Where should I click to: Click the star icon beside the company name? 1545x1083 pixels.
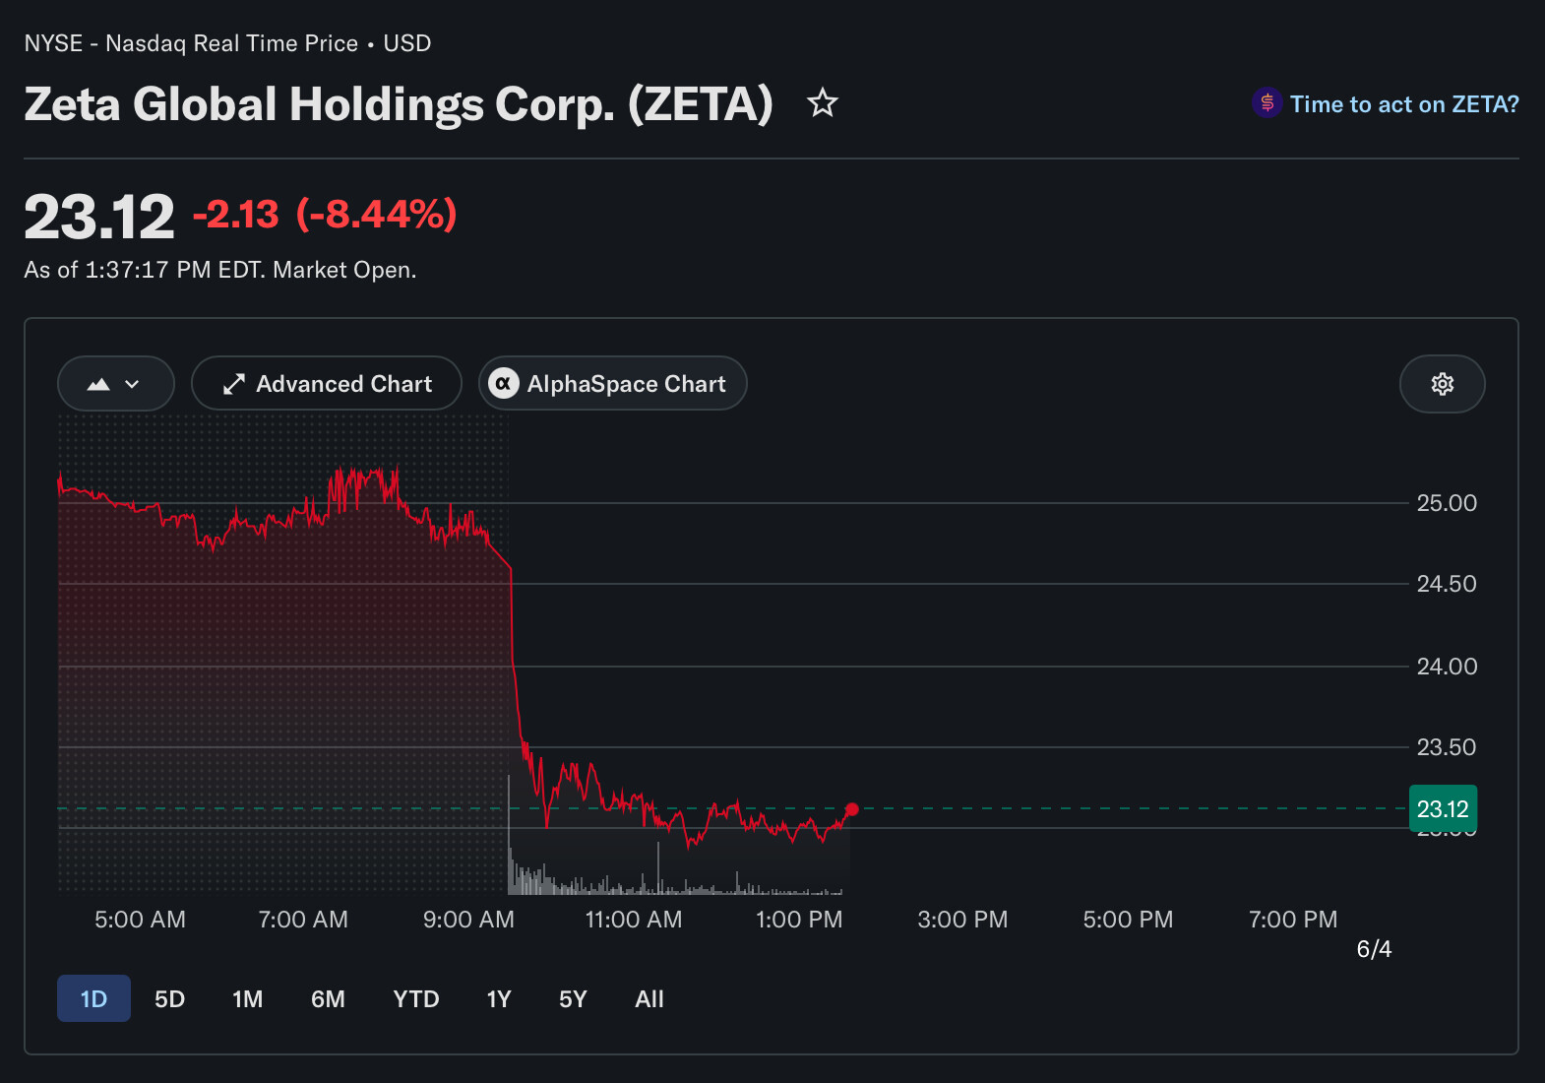click(x=822, y=103)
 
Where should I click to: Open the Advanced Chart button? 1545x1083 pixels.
click(x=327, y=384)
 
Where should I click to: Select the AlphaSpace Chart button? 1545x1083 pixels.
click(x=612, y=384)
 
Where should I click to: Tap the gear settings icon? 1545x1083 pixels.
click(x=1443, y=384)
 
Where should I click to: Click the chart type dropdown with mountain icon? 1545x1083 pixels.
click(x=115, y=384)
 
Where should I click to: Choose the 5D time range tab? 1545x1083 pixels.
click(x=169, y=998)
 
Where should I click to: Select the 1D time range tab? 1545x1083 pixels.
click(x=93, y=998)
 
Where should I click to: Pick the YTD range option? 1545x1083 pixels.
click(x=416, y=998)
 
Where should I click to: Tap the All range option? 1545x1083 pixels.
click(x=649, y=998)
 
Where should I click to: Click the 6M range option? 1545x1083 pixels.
click(x=328, y=998)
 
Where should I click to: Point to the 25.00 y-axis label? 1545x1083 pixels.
click(x=1447, y=503)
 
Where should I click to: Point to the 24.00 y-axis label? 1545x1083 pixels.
click(x=1447, y=667)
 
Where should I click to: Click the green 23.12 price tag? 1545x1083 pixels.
click(x=1443, y=808)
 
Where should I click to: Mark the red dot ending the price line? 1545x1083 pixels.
click(x=852, y=809)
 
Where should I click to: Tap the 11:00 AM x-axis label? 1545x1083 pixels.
click(x=633, y=920)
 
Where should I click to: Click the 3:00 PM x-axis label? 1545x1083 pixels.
click(x=962, y=920)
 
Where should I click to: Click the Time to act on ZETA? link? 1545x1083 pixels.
click(x=1404, y=104)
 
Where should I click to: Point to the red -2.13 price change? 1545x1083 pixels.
click(x=236, y=214)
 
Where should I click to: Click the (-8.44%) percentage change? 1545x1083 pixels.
click(x=377, y=214)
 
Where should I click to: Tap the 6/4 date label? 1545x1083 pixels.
click(x=1374, y=949)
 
